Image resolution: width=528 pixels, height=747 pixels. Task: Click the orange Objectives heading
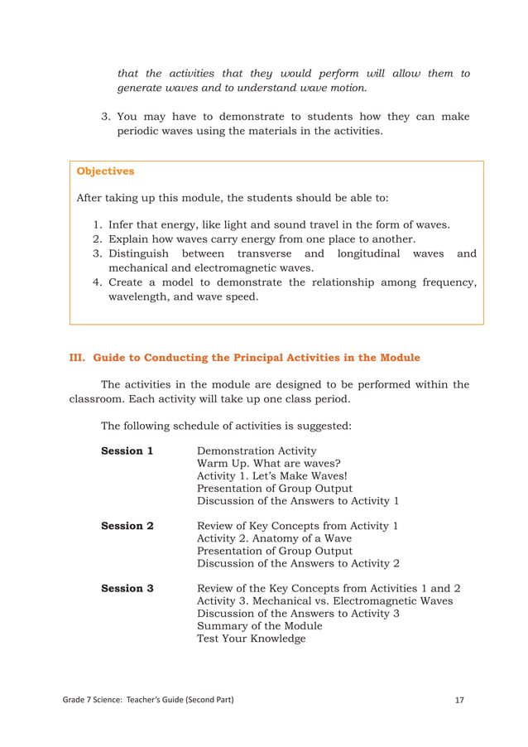point(105,171)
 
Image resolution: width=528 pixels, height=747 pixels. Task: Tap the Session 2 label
point(127,526)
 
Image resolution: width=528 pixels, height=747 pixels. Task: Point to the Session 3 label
point(127,589)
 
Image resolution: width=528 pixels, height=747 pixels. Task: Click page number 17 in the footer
point(459,701)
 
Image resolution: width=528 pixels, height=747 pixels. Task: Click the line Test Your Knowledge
point(251,639)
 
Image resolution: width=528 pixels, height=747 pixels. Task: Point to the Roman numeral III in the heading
point(77,358)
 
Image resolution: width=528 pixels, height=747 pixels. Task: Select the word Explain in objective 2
point(131,239)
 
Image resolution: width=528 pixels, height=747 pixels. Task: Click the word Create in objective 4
point(127,282)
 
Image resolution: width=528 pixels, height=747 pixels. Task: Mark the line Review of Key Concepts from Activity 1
point(297,526)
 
